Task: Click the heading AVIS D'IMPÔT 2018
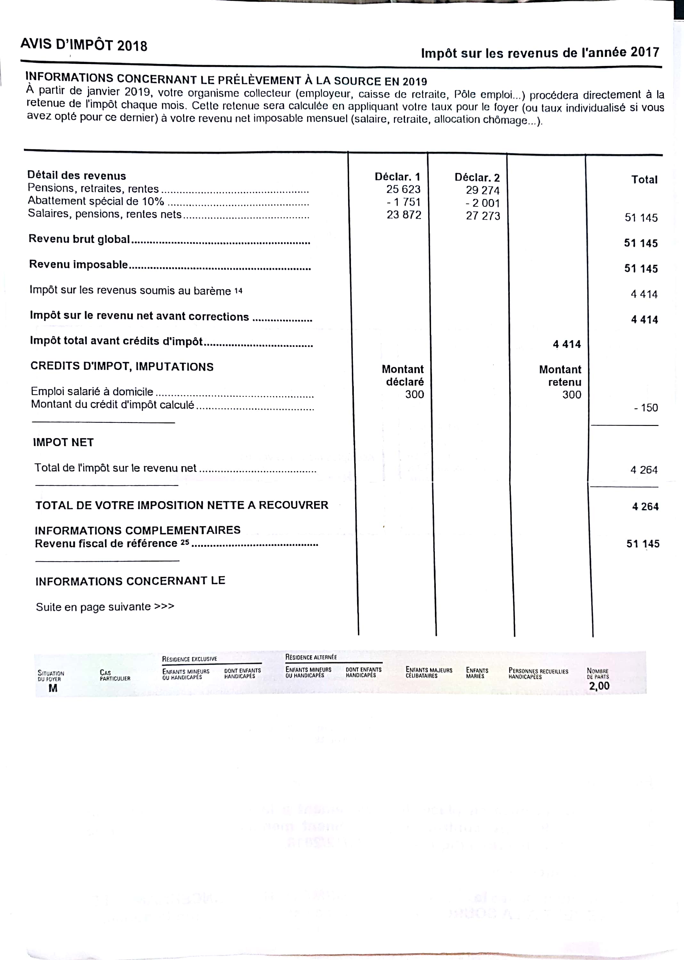point(84,44)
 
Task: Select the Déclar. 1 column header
point(397,177)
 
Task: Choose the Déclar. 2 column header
point(477,178)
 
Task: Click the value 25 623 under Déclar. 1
point(403,189)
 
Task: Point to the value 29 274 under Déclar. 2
point(482,190)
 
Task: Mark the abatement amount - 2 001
point(482,203)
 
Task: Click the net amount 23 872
point(403,215)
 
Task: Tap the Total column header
point(644,180)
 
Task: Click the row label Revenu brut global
point(79,239)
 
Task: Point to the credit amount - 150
point(646,407)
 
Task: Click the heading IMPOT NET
point(63,442)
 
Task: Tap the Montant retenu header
point(560,376)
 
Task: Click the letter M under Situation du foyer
point(53,688)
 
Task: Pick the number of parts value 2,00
point(599,686)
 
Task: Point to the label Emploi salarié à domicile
point(92,391)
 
